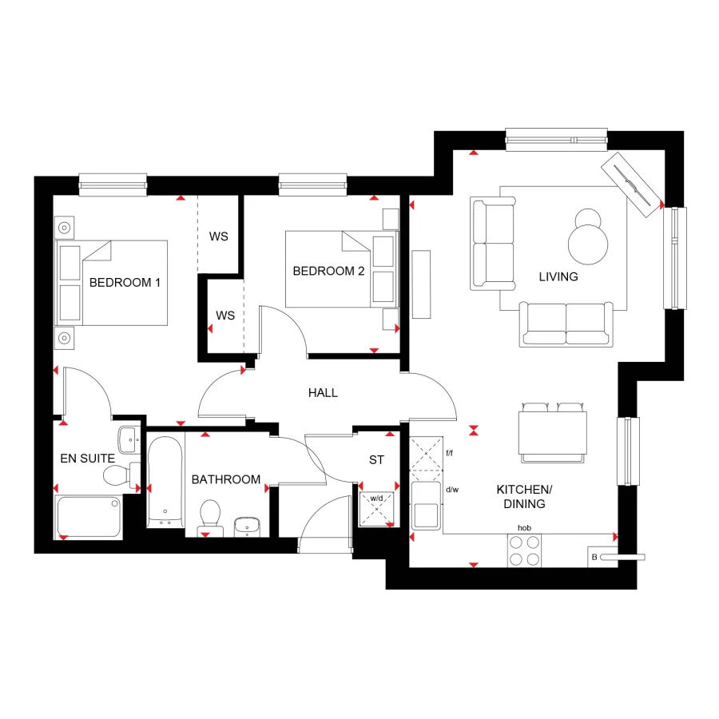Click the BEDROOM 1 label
(x=125, y=282)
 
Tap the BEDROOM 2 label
(x=328, y=271)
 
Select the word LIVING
(x=558, y=276)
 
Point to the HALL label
(x=323, y=392)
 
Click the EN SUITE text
(x=88, y=459)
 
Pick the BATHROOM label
(x=226, y=479)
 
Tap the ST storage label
(x=376, y=460)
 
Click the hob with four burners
(x=525, y=550)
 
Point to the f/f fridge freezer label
(x=449, y=453)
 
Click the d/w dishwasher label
(x=452, y=490)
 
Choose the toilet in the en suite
(x=117, y=476)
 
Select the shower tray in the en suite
(x=89, y=517)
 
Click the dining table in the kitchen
(x=553, y=431)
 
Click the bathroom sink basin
(x=247, y=526)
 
